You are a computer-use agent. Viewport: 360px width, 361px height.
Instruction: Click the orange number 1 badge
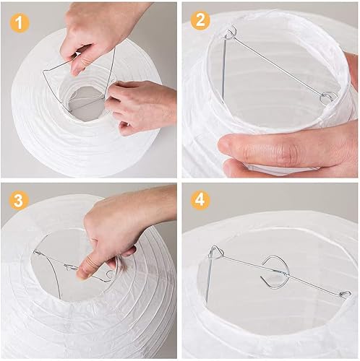click(x=20, y=23)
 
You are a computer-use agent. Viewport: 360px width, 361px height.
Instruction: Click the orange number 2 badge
click(x=200, y=20)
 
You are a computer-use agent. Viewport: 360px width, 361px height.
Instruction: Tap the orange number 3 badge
click(x=19, y=200)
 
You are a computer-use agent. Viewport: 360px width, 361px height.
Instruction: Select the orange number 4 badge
click(x=200, y=199)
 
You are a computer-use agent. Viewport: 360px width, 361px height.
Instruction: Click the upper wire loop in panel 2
click(x=230, y=32)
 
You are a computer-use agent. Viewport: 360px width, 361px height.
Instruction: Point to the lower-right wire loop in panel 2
click(x=327, y=97)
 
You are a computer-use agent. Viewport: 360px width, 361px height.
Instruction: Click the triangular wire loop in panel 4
click(x=216, y=252)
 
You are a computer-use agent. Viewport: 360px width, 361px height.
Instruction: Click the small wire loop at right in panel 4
click(x=346, y=294)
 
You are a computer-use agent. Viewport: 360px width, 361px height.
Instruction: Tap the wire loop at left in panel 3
click(x=37, y=252)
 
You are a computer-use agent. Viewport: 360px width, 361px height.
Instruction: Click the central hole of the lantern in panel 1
click(x=85, y=101)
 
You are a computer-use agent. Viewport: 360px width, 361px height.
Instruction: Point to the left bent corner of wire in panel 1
click(x=43, y=71)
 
